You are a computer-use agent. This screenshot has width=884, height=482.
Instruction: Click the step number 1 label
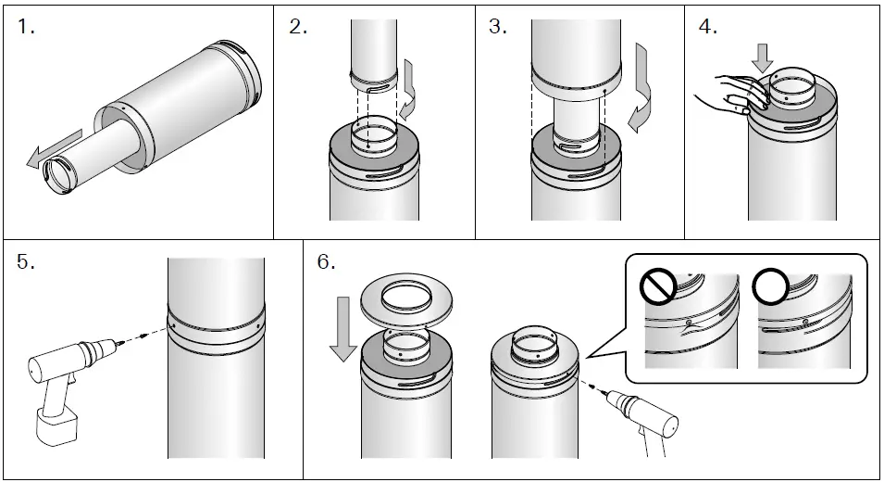(26, 27)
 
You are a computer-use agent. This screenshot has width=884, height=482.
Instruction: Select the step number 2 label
(298, 27)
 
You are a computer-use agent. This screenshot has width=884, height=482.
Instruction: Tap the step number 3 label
(498, 27)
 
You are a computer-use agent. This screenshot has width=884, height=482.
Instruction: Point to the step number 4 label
(707, 27)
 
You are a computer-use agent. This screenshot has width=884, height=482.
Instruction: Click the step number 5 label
(26, 262)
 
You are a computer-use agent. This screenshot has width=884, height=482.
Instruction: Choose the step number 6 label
(326, 262)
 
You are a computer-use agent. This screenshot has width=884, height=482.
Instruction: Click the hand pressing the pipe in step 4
(726, 94)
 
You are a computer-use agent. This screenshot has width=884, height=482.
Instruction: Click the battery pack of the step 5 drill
(57, 427)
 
